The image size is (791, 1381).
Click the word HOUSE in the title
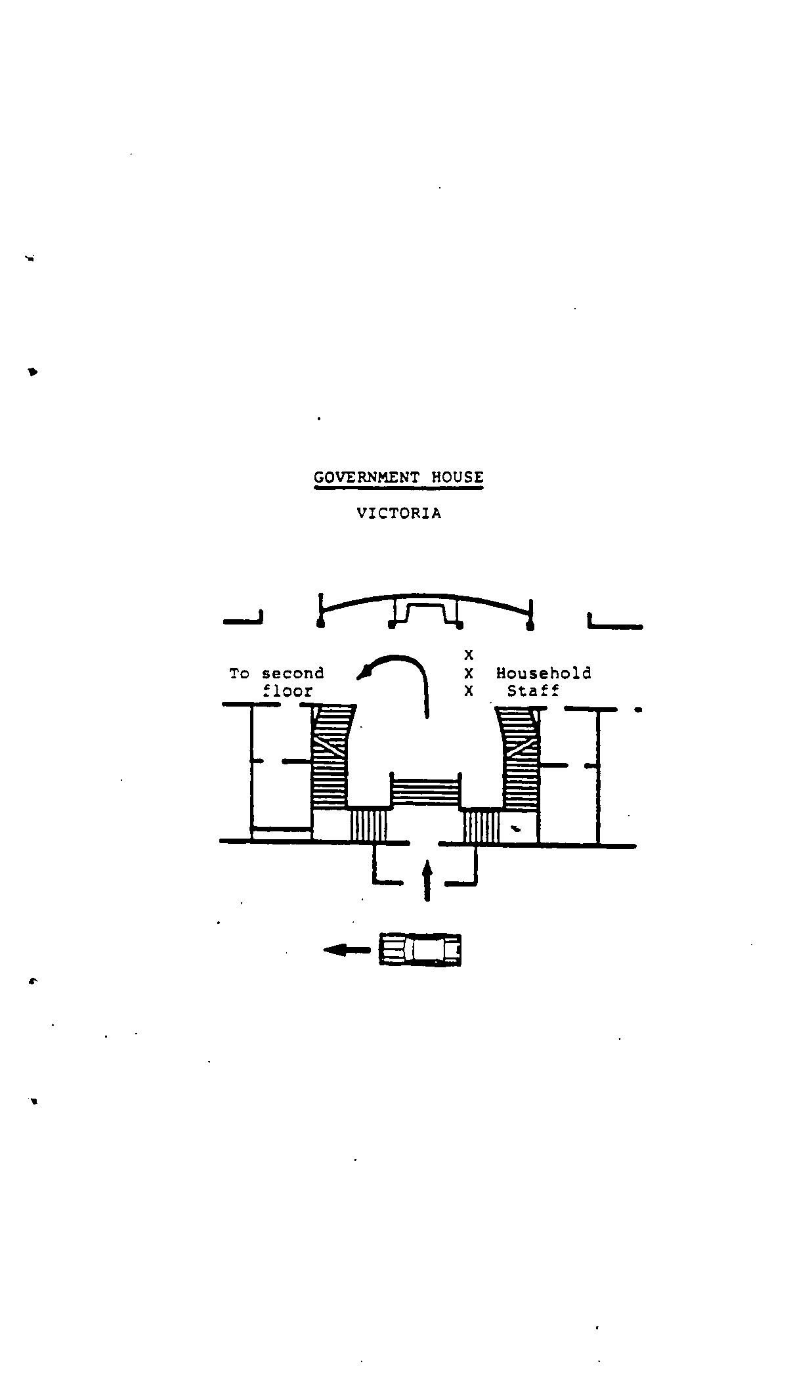tap(457, 477)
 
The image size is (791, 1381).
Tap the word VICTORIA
tap(399, 514)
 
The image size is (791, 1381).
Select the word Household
tap(544, 673)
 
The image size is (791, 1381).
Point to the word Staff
tap(533, 691)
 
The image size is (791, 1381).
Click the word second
tap(293, 674)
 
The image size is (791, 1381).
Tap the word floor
tap(288, 691)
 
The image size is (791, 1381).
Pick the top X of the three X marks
tap(469, 655)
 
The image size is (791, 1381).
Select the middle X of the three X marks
tap(469, 673)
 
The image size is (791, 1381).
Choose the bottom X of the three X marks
tap(469, 691)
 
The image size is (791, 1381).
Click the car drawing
tap(420, 949)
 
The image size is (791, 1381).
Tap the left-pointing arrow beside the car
tap(347, 950)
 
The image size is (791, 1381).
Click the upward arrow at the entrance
tap(427, 880)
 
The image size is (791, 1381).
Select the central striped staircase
tap(425, 791)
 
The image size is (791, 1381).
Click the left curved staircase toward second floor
tap(330, 756)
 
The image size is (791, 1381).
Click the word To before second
tap(239, 674)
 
